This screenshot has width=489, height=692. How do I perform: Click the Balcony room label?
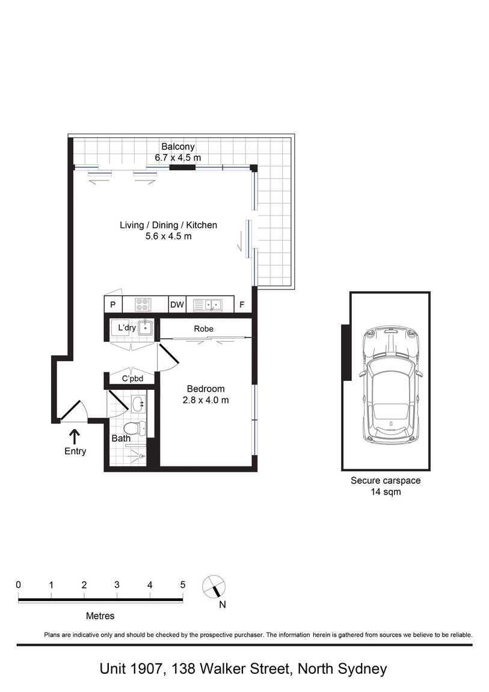coord(177,146)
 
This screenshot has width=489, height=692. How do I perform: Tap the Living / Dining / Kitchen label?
coord(168,225)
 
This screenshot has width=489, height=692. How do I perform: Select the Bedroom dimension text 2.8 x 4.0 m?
coord(206,400)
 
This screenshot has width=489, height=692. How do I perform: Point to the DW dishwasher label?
coord(177,304)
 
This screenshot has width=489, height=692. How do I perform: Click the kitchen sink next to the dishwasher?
coord(208,304)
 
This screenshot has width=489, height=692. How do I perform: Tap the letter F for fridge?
coord(242,304)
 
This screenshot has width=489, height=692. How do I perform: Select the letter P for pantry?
coord(113,304)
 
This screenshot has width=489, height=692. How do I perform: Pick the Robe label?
coord(204,329)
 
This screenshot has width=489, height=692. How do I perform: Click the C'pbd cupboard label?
coord(133,378)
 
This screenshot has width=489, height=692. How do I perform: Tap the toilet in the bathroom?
coord(135,428)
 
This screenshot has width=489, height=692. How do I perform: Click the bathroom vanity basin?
coord(138,404)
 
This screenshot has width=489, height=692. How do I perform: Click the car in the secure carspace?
coord(390,385)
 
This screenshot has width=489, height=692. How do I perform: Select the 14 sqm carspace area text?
coord(386,492)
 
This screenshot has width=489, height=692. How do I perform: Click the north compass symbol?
coord(214,587)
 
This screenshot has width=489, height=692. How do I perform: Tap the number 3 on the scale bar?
coord(117,585)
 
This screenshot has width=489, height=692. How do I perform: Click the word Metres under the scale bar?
coord(100,616)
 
